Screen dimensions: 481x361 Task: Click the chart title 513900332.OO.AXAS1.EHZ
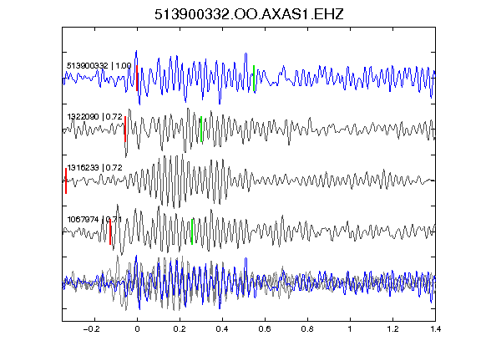pyautogui.click(x=249, y=14)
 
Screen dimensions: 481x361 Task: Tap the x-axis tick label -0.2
pyautogui.click(x=91, y=329)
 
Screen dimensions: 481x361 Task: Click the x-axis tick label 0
pyautogui.click(x=137, y=329)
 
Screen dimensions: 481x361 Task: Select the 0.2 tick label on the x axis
pyautogui.click(x=180, y=329)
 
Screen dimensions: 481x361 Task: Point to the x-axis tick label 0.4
pyautogui.click(x=222, y=329)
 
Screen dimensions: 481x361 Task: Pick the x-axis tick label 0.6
pyautogui.click(x=265, y=329)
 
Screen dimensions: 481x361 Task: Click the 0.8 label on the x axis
pyautogui.click(x=307, y=329)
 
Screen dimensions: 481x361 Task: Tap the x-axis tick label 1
pyautogui.click(x=350, y=329)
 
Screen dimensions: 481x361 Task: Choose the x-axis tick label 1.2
pyautogui.click(x=392, y=329)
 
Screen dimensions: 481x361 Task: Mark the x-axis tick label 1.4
pyautogui.click(x=435, y=329)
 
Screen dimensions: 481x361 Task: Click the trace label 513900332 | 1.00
pyautogui.click(x=99, y=66)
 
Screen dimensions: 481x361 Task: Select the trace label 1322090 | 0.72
pyautogui.click(x=95, y=117)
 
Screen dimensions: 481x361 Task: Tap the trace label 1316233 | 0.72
pyautogui.click(x=95, y=168)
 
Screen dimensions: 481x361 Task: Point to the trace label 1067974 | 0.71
pyautogui.click(x=94, y=220)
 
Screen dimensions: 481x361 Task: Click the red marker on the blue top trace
pyautogui.click(x=137, y=79)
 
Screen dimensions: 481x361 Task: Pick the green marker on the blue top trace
pyautogui.click(x=254, y=79)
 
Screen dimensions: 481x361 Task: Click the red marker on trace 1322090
pyautogui.click(x=125, y=130)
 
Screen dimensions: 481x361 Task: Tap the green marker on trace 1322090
pyautogui.click(x=201, y=130)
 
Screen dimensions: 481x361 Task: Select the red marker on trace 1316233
pyautogui.click(x=66, y=180)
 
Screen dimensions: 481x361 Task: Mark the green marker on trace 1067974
pyautogui.click(x=192, y=231)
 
